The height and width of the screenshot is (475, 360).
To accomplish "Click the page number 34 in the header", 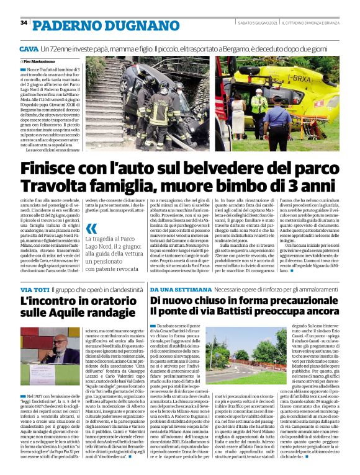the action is [24, 22].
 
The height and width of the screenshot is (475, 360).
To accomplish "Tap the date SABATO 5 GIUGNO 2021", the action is [256, 22].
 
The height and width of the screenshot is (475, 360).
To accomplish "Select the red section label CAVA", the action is [29, 48].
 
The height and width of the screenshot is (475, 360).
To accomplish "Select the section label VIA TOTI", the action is [34, 290].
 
